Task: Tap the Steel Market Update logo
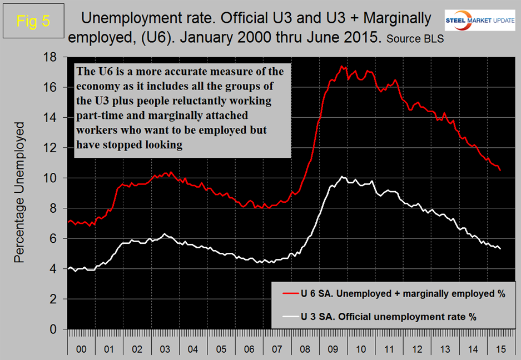tap(480, 21)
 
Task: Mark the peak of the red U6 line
tap(342, 66)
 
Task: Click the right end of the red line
tap(500, 171)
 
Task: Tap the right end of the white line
tap(500, 249)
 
